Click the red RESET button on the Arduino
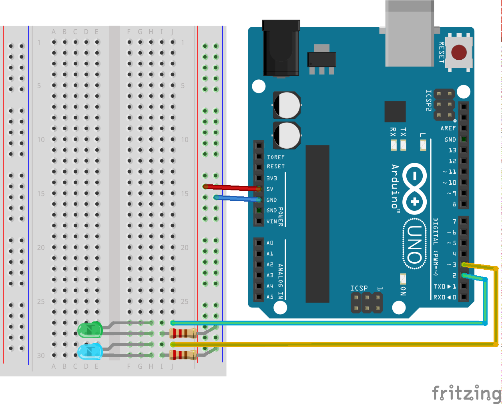459,53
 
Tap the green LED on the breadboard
90,329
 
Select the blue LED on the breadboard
90,351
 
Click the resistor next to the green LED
183,333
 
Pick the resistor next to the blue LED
183,355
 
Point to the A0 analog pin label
270,243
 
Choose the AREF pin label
448,128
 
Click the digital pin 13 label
452,150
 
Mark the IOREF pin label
275,157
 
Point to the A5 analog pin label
270,297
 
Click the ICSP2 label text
429,100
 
